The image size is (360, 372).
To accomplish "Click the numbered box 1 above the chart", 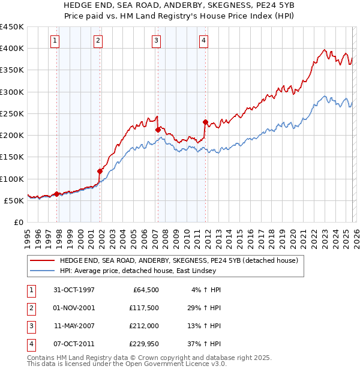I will pos(55,41).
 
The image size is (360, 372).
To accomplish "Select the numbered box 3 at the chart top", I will pos(156,41).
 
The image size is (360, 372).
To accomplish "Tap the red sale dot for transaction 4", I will pos(205,122).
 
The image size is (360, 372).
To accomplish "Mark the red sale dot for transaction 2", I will pos(100,171).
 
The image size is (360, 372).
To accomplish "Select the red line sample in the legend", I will pos(42,261).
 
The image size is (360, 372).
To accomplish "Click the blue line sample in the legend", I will pos(42,271).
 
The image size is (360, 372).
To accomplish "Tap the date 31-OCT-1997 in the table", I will pos(74,290).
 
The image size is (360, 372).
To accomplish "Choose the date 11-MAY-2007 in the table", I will pos(74,326).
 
